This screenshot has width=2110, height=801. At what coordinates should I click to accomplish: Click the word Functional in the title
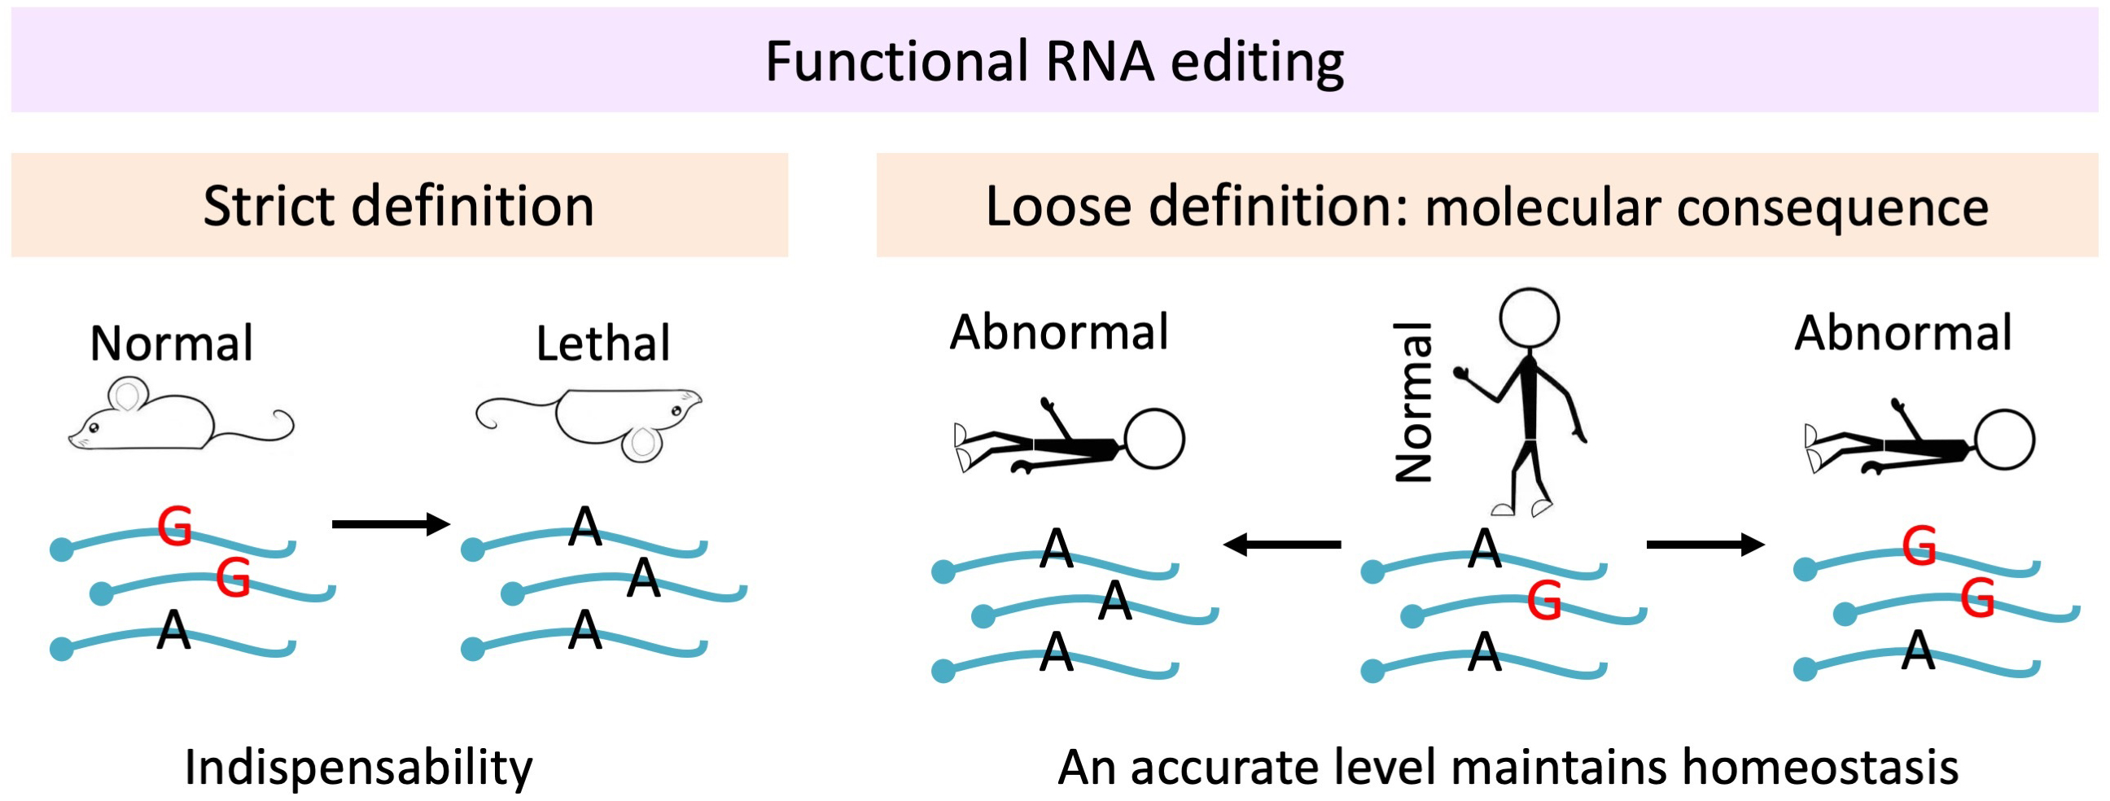point(896,62)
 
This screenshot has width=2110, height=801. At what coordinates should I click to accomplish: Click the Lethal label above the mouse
point(603,344)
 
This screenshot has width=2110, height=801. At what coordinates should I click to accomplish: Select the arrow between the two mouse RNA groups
point(391,524)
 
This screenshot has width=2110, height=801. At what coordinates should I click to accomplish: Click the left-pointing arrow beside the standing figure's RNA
point(1281,544)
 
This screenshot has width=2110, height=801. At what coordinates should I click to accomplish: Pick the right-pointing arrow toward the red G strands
point(1705,544)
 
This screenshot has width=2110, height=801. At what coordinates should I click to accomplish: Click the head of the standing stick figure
point(1529,318)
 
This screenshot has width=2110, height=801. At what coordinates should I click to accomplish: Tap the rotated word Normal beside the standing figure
point(1415,402)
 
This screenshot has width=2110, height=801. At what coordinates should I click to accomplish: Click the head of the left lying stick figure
point(1154,439)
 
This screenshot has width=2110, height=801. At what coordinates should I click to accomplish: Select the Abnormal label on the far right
point(1902,333)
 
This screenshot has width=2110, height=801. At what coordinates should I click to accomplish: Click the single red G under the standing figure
point(1544,602)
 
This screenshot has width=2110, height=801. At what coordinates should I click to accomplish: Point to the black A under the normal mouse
point(173,631)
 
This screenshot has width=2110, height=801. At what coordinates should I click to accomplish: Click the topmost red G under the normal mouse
point(174,527)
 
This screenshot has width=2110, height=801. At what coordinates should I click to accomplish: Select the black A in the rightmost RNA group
point(1918,651)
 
